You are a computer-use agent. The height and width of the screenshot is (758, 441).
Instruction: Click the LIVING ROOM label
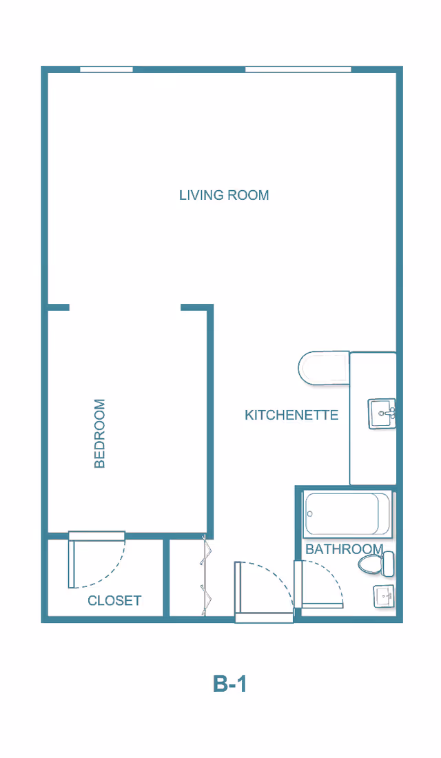point(224,195)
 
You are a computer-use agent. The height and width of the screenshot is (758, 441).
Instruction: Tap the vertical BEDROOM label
point(100,433)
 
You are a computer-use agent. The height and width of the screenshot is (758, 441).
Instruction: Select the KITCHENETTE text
point(291,416)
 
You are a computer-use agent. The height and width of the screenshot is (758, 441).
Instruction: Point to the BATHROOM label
point(345,549)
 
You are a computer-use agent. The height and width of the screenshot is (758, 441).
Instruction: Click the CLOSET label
point(114,600)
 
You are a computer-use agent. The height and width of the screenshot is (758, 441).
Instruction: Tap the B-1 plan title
point(229,684)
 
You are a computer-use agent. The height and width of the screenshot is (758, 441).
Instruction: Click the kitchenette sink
point(382,414)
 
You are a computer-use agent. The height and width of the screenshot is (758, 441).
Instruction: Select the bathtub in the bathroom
point(347,514)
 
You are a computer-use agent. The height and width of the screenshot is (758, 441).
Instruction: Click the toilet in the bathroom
point(376,564)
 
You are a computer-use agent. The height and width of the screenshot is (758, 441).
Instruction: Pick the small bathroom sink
point(383,597)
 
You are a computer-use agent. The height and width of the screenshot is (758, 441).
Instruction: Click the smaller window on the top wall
point(106,70)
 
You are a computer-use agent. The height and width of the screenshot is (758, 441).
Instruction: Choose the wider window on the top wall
point(298,70)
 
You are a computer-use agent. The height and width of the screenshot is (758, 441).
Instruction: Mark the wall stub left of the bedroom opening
point(59,307)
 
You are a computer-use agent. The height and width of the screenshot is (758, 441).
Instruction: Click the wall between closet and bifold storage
point(166,577)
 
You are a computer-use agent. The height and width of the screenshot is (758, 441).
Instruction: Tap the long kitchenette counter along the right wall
point(373,418)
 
